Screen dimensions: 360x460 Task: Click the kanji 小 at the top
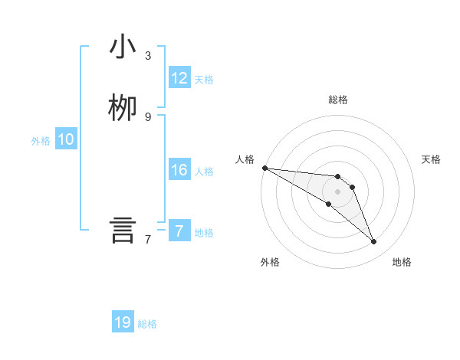tap(123, 48)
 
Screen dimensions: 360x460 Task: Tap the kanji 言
tap(123, 231)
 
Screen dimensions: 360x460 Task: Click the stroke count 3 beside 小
tap(148, 56)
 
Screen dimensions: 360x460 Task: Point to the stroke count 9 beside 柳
tap(148, 116)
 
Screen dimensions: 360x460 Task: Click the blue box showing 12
tap(179, 78)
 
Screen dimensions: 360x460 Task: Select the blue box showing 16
tap(179, 170)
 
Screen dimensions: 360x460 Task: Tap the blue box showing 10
tap(66, 139)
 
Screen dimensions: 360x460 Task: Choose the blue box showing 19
tap(123, 322)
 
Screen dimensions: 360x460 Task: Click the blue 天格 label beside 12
tap(204, 80)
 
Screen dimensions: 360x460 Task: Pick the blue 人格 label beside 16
tap(204, 172)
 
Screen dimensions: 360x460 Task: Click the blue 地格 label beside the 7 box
tap(204, 233)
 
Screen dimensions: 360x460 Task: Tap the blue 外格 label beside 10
tap(41, 141)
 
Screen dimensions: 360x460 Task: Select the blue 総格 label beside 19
tap(147, 324)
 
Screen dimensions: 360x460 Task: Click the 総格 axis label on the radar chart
tap(338, 100)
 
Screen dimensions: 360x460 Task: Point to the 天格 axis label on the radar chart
tap(432, 159)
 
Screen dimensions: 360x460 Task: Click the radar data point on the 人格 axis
tap(264, 168)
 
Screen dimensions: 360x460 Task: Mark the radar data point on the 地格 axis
tap(373, 241)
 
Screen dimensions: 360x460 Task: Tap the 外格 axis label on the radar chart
tap(270, 262)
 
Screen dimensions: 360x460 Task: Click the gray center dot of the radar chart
tap(337, 191)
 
